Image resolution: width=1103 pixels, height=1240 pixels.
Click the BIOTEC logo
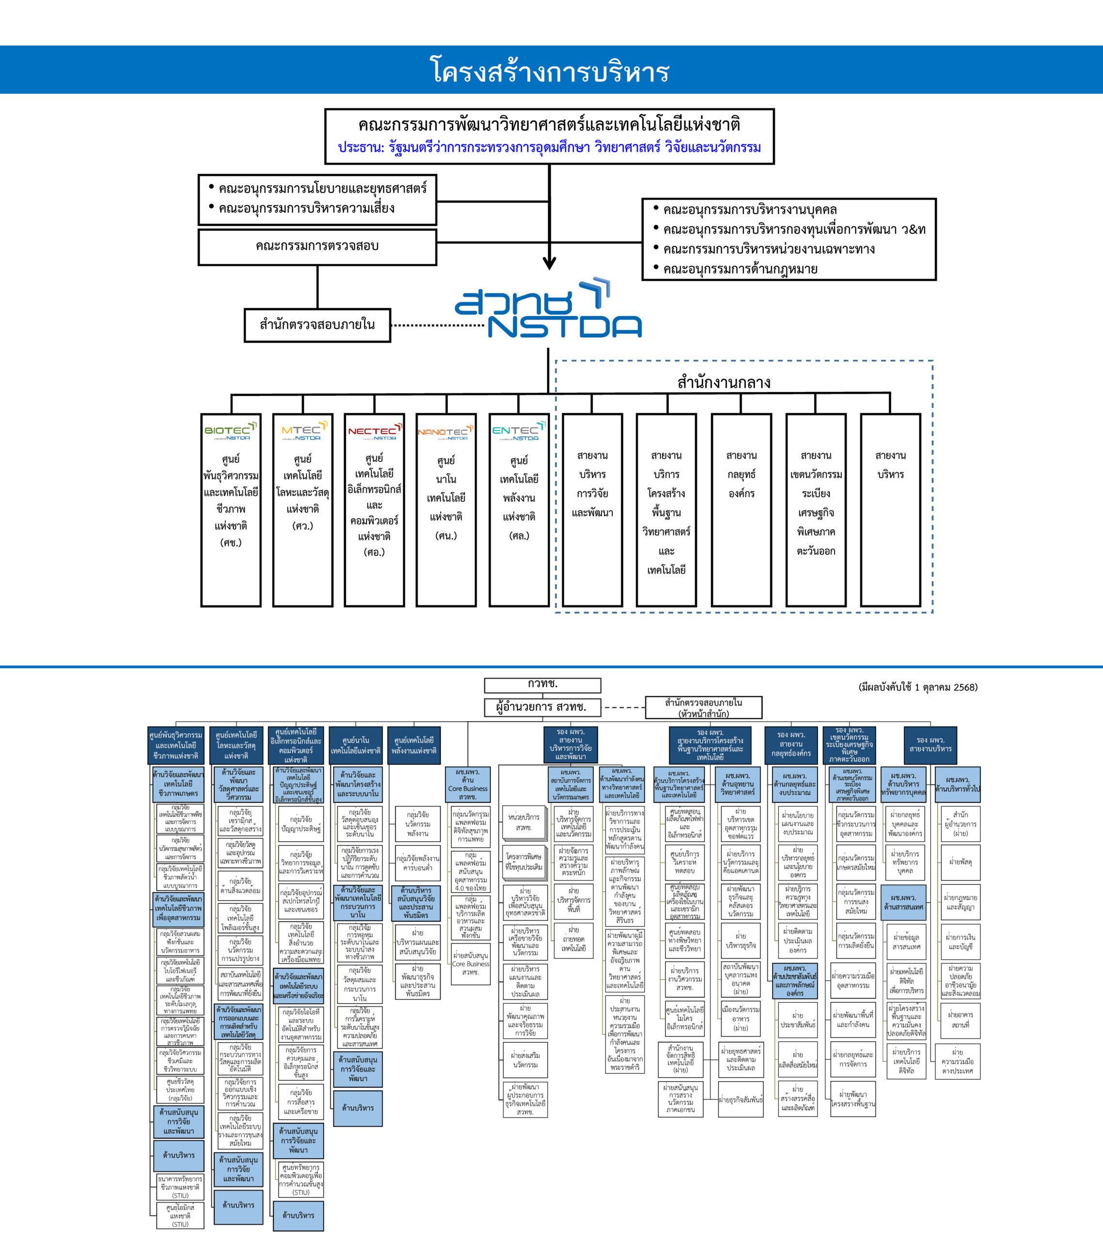click(230, 431)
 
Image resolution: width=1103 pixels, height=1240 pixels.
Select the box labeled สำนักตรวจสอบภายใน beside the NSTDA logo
click(317, 325)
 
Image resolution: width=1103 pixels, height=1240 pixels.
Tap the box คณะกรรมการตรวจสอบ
click(317, 246)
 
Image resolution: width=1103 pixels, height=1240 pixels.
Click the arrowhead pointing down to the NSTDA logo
click(550, 263)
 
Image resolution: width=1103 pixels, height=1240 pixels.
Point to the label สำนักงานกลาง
click(724, 383)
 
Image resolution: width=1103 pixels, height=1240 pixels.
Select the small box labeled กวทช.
click(542, 685)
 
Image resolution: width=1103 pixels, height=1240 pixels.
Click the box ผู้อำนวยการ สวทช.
click(542, 707)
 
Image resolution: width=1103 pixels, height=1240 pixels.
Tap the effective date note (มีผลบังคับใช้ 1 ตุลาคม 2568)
click(917, 687)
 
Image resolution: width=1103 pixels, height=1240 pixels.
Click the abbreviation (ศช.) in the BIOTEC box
click(231, 542)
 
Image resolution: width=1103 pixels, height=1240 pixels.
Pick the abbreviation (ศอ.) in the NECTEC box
click(374, 552)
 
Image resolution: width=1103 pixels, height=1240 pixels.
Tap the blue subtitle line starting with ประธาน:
click(550, 147)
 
